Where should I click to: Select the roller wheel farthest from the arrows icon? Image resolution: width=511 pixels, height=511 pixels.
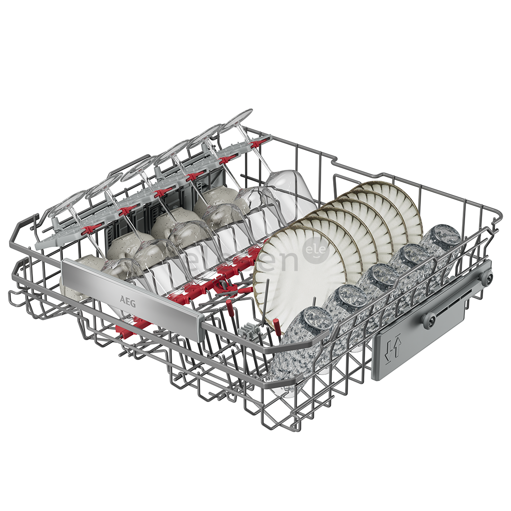pyautogui.click(x=486, y=277)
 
